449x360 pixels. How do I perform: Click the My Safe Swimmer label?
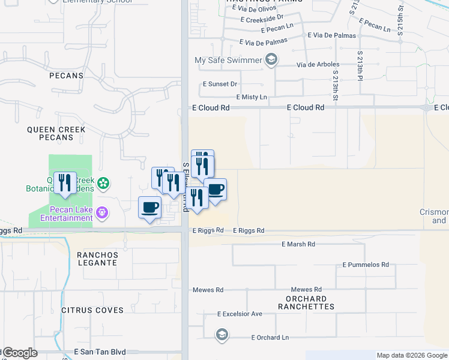click(228, 60)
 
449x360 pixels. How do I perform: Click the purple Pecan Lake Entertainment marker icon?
click(103, 212)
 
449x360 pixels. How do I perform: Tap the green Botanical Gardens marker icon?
click(103, 182)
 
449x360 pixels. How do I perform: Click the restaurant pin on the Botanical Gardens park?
click(65, 183)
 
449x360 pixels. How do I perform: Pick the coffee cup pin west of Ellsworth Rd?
click(149, 208)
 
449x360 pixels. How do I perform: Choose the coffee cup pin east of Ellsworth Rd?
click(215, 190)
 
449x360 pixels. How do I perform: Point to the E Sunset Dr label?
click(220, 85)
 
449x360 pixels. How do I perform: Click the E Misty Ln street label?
click(255, 97)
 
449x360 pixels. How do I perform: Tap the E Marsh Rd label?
click(298, 244)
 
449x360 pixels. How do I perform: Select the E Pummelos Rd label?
click(366, 265)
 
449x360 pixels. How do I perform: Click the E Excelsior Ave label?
click(240, 314)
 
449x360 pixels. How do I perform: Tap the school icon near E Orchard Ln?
click(221, 335)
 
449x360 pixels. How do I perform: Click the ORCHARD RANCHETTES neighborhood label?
click(306, 302)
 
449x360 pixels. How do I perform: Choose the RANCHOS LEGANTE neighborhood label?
click(97, 259)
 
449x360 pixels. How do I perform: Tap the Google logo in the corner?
click(19, 353)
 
